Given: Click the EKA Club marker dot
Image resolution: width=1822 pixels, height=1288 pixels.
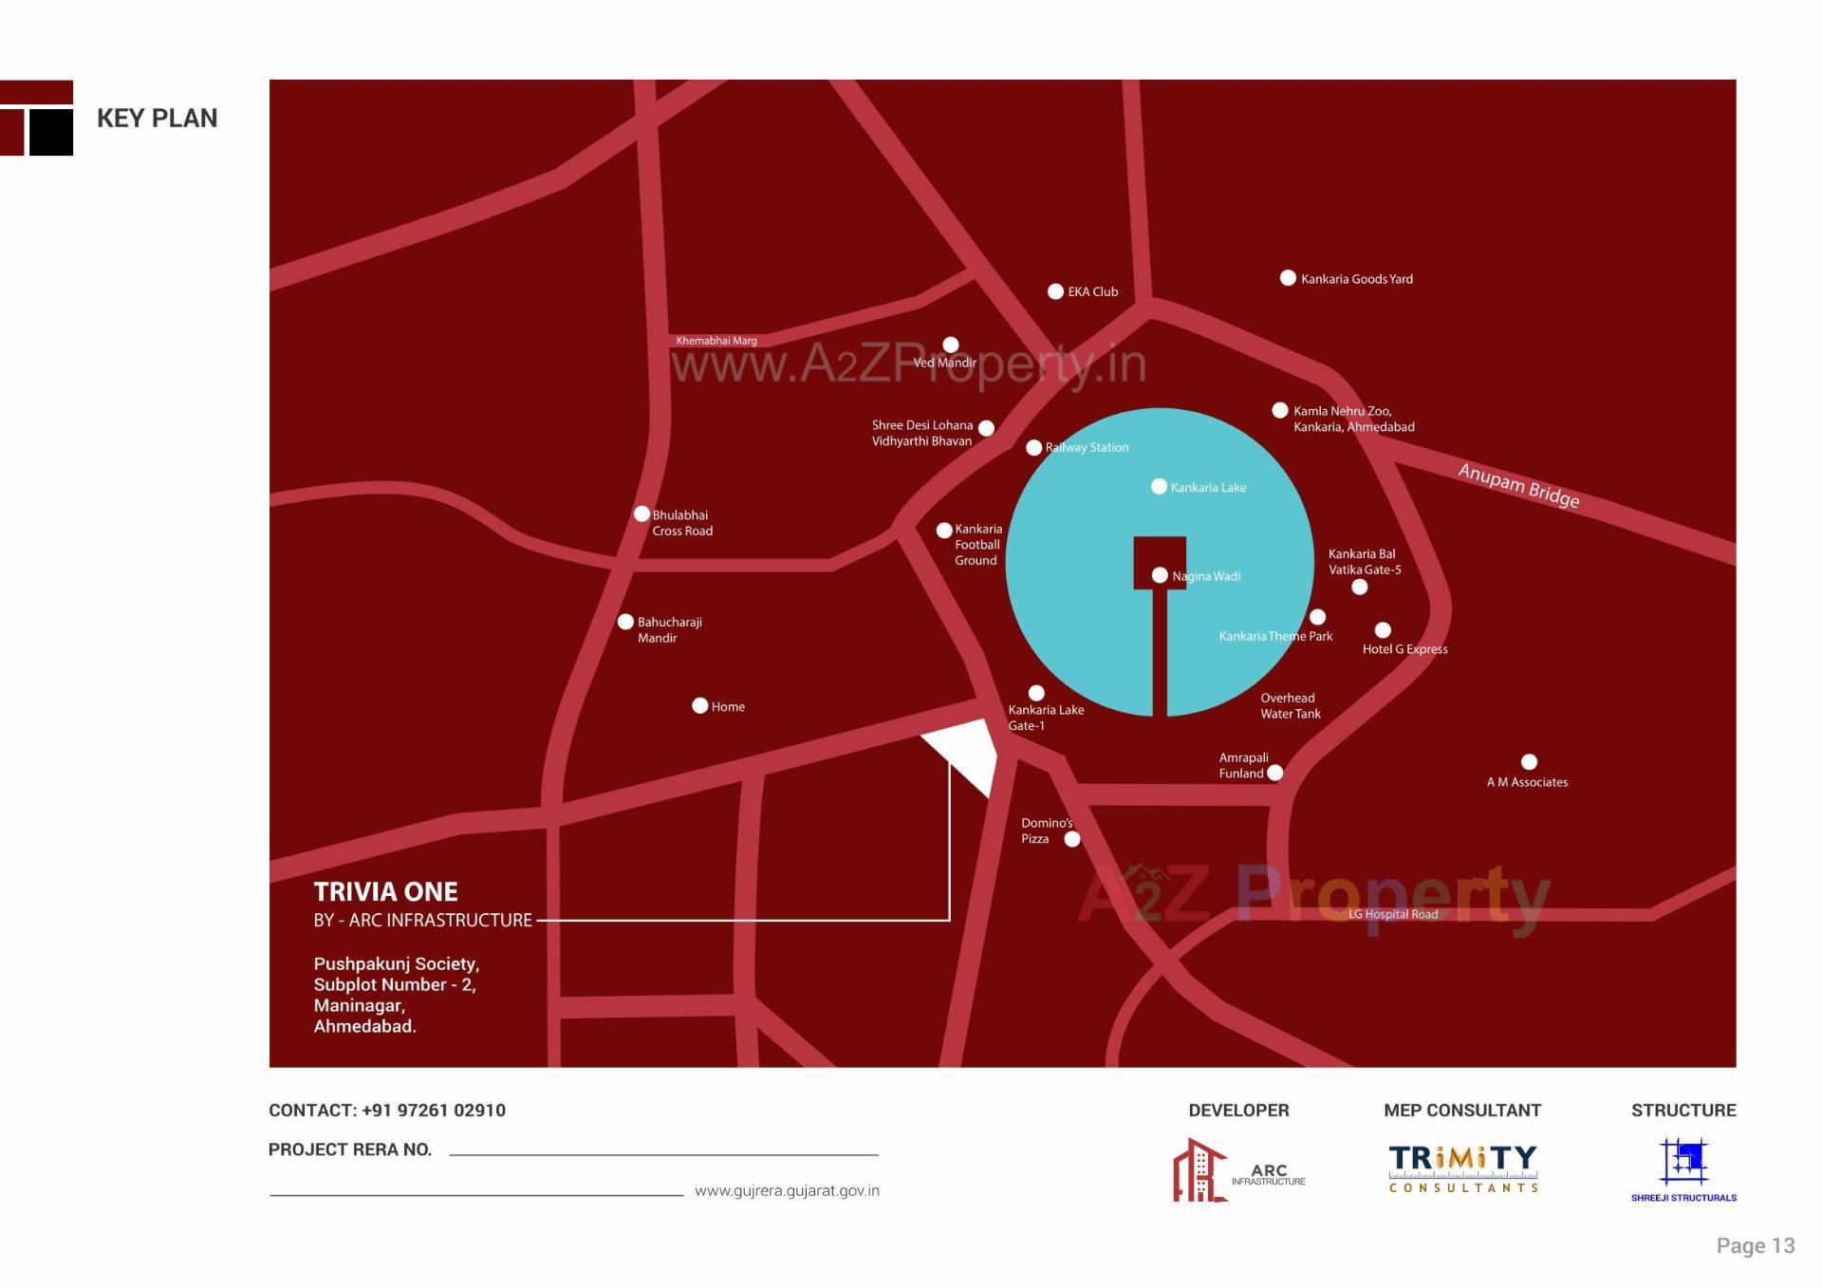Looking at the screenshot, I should tap(1055, 291).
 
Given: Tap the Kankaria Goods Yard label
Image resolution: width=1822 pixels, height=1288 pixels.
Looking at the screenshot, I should tap(1356, 279).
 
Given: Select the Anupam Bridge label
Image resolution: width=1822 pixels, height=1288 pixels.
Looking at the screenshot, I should tap(1518, 485).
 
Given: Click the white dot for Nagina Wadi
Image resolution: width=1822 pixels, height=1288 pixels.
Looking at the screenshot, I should tap(1160, 575).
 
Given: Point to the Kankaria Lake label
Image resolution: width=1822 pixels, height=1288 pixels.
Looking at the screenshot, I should tap(1208, 488).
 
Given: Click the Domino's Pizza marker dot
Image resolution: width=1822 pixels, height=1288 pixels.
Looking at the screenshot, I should tap(1072, 839).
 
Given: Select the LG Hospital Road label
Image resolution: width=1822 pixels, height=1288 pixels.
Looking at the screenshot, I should tap(1392, 914).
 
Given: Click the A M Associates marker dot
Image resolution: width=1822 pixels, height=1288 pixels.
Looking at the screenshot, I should tap(1529, 762).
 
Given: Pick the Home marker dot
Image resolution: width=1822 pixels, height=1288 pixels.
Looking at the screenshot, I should tap(700, 705).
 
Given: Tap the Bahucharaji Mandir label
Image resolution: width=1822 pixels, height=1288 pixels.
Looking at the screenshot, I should tap(669, 630).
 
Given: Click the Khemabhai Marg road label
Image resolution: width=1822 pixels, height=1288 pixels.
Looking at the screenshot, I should tap(716, 341).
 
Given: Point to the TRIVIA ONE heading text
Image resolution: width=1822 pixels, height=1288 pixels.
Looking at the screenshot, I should tap(385, 891).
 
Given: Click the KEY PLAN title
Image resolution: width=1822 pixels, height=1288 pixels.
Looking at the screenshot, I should tap(158, 118).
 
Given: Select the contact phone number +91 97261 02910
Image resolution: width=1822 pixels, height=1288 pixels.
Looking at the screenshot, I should tap(434, 1110).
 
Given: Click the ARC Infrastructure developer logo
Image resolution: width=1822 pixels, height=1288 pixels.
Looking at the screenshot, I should tap(1238, 1170).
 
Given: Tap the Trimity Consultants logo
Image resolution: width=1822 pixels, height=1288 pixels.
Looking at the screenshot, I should tap(1462, 1168).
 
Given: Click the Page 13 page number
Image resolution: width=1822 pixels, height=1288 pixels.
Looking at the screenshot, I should tap(1755, 1245).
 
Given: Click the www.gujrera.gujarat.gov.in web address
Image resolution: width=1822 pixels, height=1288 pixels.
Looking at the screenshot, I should tap(787, 1190).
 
